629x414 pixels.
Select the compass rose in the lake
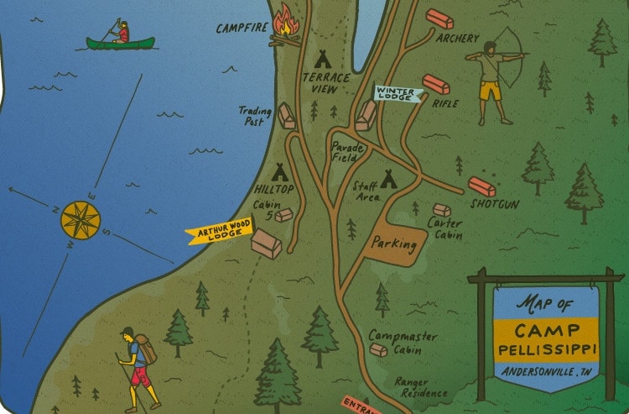coord(81,218)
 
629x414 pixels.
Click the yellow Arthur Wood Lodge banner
coord(219,233)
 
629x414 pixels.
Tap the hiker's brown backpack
coord(145,348)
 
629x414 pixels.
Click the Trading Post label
coord(252,115)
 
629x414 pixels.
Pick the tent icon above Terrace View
coord(321,59)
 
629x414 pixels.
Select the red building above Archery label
coord(439,19)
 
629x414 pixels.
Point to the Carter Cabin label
coord(444,228)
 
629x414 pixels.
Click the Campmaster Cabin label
coord(403,343)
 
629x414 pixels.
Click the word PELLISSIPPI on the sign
coord(545,348)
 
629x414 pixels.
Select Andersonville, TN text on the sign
coord(545,371)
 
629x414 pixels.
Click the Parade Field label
coord(347,152)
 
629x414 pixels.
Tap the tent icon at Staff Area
coord(388,179)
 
